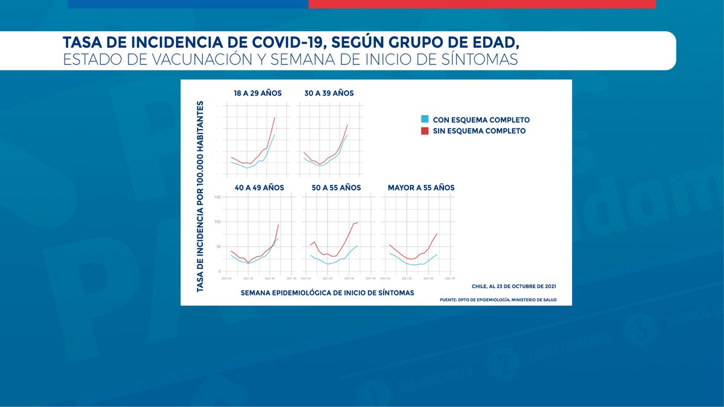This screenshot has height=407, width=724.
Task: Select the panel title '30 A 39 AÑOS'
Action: (329, 93)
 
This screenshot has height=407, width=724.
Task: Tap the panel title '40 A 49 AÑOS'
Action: (259, 188)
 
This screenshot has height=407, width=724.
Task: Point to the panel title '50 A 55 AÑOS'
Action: (336, 188)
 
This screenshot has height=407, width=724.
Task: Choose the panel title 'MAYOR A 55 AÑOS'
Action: (421, 188)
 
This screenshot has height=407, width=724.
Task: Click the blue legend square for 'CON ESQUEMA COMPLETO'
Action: (425, 120)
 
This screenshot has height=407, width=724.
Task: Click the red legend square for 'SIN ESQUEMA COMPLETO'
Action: (425, 131)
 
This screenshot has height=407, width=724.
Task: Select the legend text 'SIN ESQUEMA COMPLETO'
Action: (479, 131)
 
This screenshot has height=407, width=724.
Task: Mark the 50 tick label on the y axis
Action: (219, 247)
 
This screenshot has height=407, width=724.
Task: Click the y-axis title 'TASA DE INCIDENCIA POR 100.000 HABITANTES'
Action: (200, 197)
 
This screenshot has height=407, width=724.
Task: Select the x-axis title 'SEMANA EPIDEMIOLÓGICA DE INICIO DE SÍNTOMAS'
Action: (327, 292)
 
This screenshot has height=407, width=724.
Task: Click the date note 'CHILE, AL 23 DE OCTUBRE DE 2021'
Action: (514, 286)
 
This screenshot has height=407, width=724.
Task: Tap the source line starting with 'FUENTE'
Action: (498, 300)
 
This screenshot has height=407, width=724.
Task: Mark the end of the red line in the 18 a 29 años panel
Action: (275, 117)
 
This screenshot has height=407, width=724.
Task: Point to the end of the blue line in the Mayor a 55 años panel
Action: (437, 254)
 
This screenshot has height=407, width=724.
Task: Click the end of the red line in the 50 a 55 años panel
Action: (358, 222)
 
